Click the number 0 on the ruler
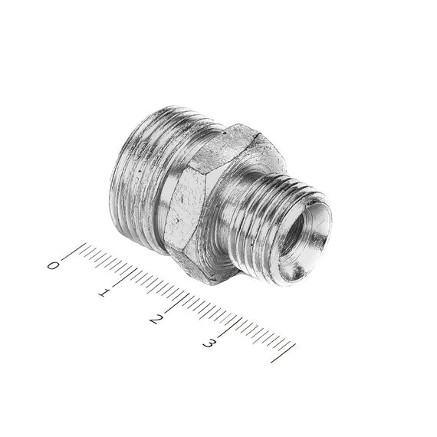click(53, 265)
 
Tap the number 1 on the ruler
click(104, 293)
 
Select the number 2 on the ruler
click(156, 319)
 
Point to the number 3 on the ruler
click(209, 343)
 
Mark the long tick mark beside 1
click(124, 277)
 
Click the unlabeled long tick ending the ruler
click(283, 353)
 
